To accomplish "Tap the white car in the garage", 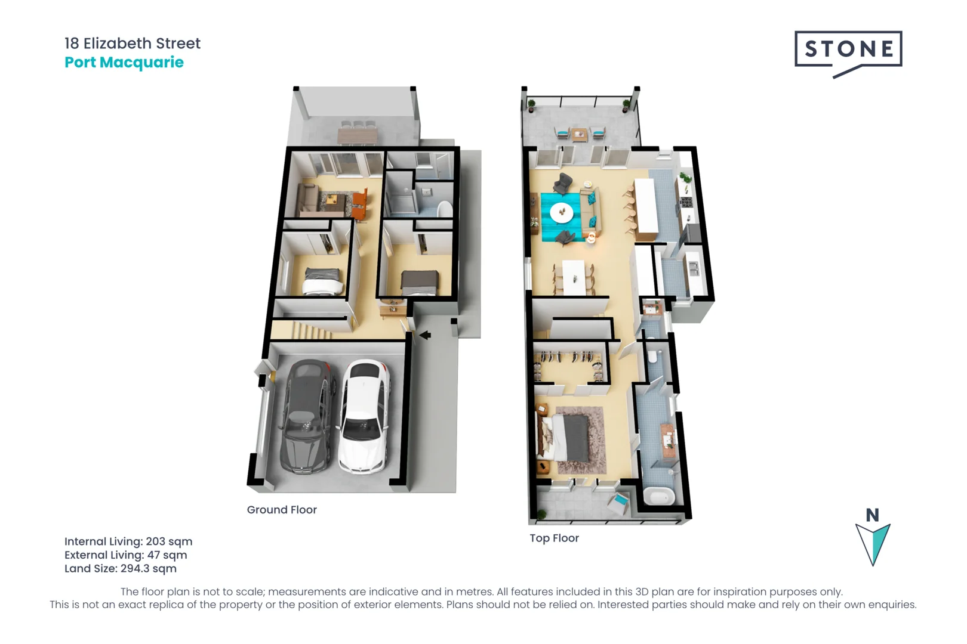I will (364, 417).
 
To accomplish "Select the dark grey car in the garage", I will (307, 417).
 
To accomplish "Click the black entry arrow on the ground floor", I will (425, 335).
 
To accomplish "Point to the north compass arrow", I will (873, 543).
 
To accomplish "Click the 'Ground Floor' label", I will (282, 510).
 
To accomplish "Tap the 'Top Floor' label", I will (554, 538).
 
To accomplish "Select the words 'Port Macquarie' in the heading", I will (124, 63).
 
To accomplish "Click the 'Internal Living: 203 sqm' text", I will (128, 541).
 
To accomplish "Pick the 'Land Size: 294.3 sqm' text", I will (121, 568).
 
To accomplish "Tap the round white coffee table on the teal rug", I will (561, 212).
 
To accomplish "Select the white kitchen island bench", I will (646, 206).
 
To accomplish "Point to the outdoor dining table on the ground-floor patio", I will (357, 135).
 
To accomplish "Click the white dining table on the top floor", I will (574, 277).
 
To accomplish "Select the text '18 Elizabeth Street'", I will (133, 44).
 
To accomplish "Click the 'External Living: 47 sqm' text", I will (126, 555).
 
